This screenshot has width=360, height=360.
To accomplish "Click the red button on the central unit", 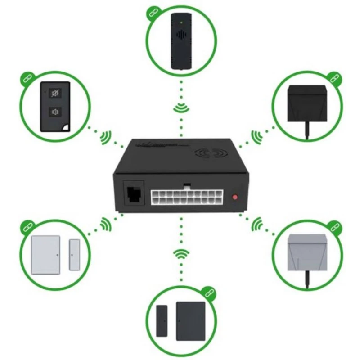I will click(235, 197).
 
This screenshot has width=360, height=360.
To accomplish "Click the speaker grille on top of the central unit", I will click(211, 153).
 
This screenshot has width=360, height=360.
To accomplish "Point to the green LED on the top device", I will click(181, 21).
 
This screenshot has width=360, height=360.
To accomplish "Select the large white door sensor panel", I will click(45, 255).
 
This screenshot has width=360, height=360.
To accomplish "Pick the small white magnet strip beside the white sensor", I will click(74, 255).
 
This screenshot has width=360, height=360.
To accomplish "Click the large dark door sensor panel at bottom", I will click(191, 321).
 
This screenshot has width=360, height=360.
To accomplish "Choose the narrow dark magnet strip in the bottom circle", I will click(161, 321).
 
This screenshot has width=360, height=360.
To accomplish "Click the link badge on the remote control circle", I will click(27, 77).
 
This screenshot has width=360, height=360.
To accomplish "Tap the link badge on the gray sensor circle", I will click(333, 226).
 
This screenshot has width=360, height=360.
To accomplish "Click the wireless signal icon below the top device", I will click(181, 108).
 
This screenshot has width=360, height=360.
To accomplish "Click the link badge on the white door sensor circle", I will click(27, 225).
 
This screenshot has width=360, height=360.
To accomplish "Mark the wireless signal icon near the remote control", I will click(106, 137).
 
